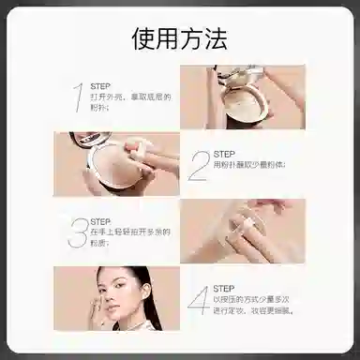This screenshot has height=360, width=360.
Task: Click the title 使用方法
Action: (x=179, y=38)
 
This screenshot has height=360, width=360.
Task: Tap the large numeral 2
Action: (x=198, y=165)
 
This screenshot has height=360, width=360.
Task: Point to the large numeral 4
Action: (x=198, y=301)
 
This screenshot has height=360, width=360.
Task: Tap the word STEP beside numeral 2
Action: (x=224, y=154)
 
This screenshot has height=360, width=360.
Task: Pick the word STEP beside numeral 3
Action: (x=101, y=221)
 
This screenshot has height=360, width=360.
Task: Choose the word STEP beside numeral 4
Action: (x=224, y=289)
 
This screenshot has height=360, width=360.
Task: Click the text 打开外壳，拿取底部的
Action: (x=130, y=97)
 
